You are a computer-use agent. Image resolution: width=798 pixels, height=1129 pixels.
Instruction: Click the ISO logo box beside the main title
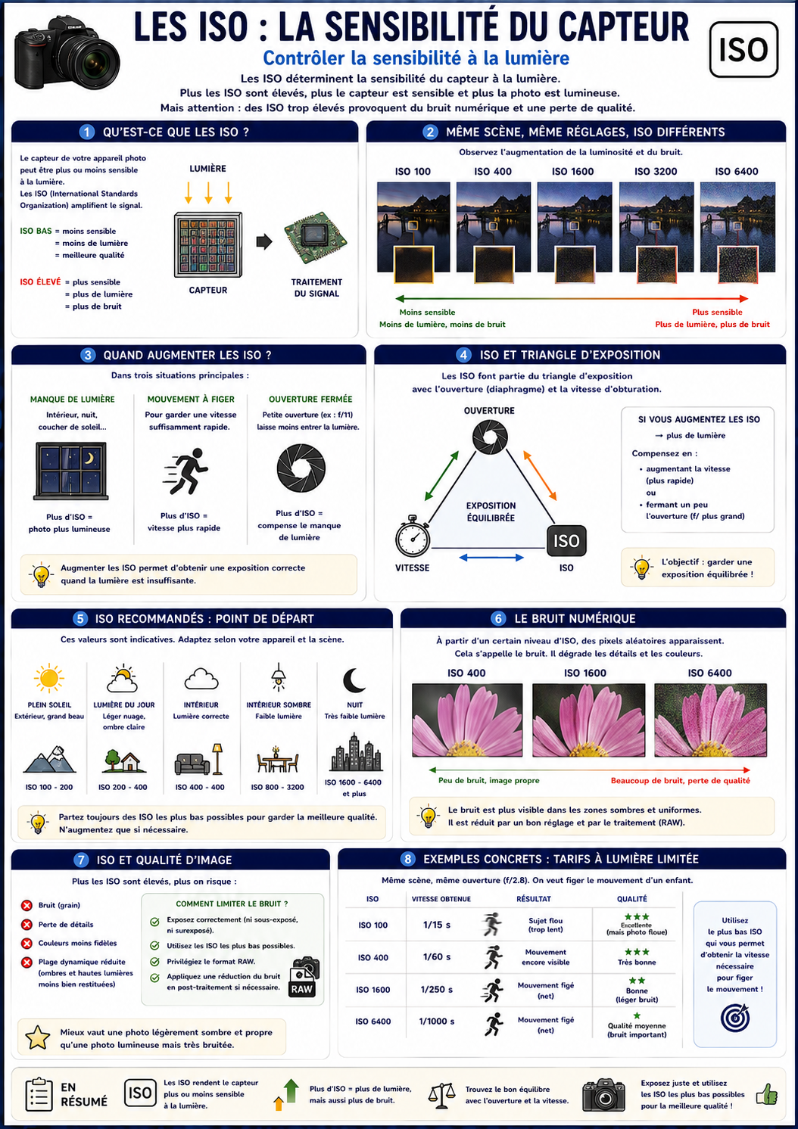click(x=743, y=49)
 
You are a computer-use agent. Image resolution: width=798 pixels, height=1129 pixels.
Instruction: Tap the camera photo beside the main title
click(x=67, y=52)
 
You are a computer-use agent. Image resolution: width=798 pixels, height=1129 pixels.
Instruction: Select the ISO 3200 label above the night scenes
click(x=656, y=171)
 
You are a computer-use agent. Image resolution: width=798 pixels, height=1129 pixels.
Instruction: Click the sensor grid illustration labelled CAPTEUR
click(x=207, y=245)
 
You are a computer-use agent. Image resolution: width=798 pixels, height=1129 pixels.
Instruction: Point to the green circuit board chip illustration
click(x=316, y=239)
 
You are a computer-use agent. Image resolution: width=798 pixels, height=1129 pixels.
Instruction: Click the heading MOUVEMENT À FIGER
click(x=191, y=400)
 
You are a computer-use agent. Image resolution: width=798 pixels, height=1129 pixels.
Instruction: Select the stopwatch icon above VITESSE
click(x=413, y=536)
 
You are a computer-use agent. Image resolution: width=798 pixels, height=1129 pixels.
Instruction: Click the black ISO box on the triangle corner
click(x=566, y=541)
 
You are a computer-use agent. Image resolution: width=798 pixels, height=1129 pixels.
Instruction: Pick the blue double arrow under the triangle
click(x=491, y=558)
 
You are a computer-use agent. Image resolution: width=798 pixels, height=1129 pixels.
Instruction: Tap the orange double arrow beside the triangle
click(x=540, y=475)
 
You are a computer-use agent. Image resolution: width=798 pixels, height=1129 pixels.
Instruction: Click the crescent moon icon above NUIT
click(x=354, y=680)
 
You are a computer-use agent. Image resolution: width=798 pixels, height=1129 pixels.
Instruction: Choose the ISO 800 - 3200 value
click(x=277, y=787)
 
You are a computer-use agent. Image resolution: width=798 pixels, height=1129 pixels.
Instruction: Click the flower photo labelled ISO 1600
click(x=589, y=720)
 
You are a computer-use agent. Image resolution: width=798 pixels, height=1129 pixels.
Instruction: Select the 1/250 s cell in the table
click(x=436, y=989)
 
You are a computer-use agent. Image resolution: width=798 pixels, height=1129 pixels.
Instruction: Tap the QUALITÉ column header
click(x=631, y=899)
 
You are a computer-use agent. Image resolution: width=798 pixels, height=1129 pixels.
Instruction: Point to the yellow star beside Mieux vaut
click(x=38, y=1037)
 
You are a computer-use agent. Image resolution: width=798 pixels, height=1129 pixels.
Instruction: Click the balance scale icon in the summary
click(x=441, y=1095)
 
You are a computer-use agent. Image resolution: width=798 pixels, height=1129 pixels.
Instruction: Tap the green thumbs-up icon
click(x=767, y=1093)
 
